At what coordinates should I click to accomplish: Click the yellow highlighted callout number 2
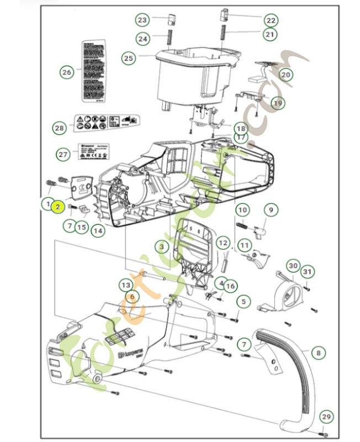pyautogui.click(x=57, y=206)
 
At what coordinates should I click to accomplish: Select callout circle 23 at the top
pyautogui.click(x=143, y=20)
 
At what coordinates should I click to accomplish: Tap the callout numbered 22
pyautogui.click(x=270, y=20)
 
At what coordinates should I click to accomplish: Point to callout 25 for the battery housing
pyautogui.click(x=129, y=57)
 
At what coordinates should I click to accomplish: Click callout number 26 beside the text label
pyautogui.click(x=67, y=72)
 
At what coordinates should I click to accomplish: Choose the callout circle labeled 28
pyautogui.click(x=59, y=128)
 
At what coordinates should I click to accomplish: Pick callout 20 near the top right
pyautogui.click(x=285, y=75)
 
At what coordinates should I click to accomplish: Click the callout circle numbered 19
pyautogui.click(x=278, y=102)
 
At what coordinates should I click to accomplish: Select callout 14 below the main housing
pyautogui.click(x=98, y=230)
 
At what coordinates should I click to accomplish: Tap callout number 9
pyautogui.click(x=271, y=210)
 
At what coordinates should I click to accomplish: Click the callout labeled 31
pyautogui.click(x=308, y=271)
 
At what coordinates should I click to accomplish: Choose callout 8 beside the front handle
pyautogui.click(x=317, y=352)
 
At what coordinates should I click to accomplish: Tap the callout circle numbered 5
pyautogui.click(x=243, y=302)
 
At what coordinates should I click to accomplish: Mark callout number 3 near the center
pyautogui.click(x=161, y=246)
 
